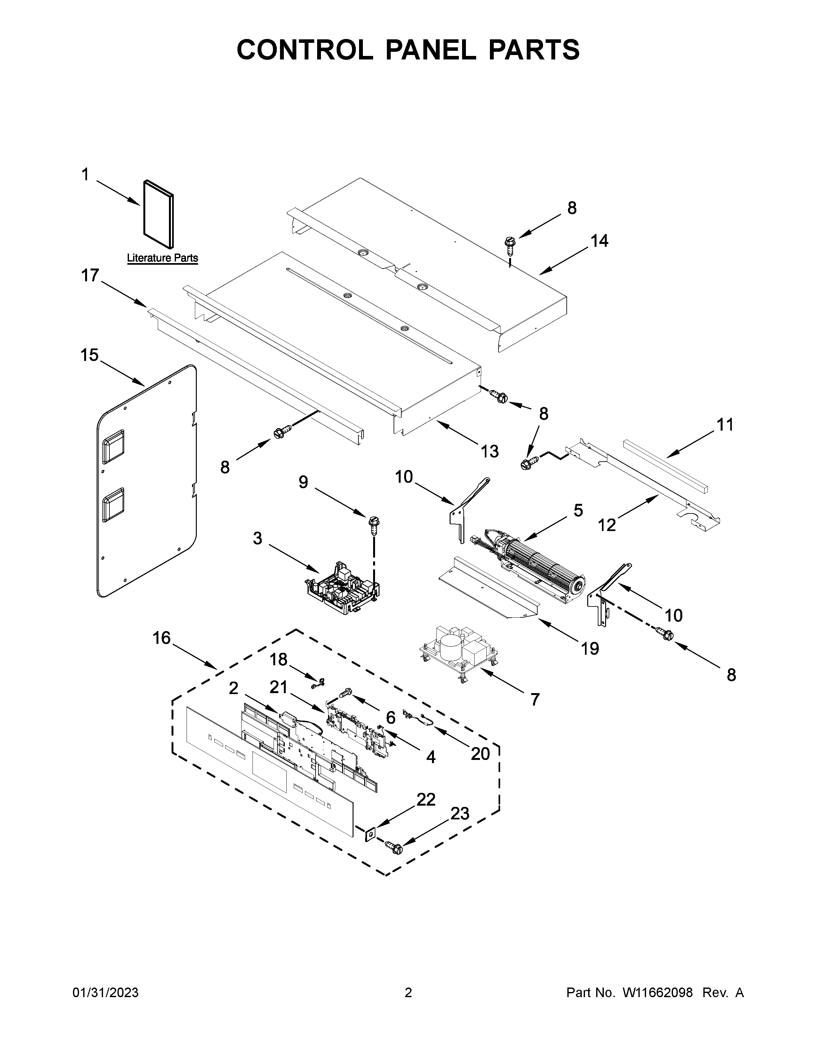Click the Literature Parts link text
coord(163,258)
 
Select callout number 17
coord(90,276)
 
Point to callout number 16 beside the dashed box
coord(162,638)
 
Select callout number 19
coord(590,649)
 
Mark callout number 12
coord(607,525)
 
